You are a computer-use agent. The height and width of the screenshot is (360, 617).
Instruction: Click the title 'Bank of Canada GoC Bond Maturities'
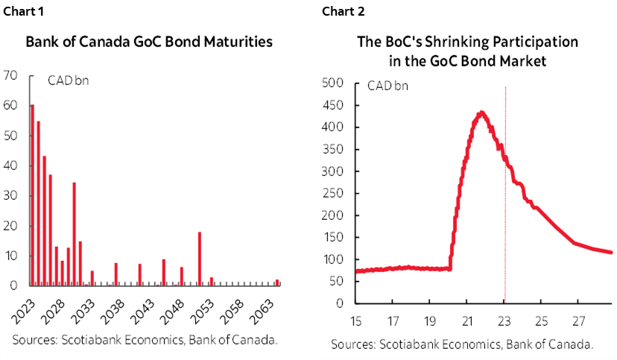coord(148,42)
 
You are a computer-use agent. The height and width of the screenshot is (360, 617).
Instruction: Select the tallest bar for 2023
coord(32,194)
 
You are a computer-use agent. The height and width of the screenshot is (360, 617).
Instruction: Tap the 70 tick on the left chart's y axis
coord(10,75)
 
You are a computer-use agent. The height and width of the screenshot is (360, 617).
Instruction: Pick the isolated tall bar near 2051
coord(199,259)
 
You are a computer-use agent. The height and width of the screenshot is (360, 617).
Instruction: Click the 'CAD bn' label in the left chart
coord(68,80)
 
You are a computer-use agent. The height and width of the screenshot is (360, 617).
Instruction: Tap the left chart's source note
coord(145,341)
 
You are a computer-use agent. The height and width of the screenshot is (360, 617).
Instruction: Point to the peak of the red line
coord(481,113)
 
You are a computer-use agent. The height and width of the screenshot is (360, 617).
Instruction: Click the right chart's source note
coord(463,344)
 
